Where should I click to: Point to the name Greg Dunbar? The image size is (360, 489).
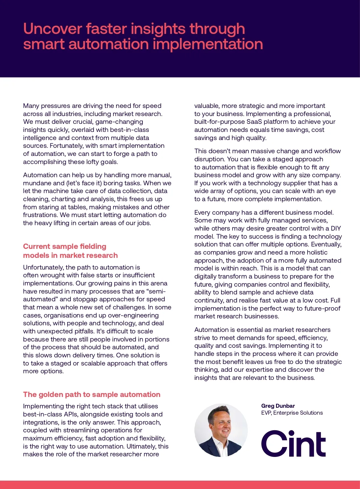coord(278,406)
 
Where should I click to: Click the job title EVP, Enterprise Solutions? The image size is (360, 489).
coord(292,413)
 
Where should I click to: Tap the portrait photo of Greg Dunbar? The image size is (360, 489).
coord(221,430)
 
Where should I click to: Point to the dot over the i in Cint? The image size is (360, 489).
coord(291,433)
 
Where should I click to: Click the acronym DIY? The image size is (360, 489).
coord(336,228)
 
